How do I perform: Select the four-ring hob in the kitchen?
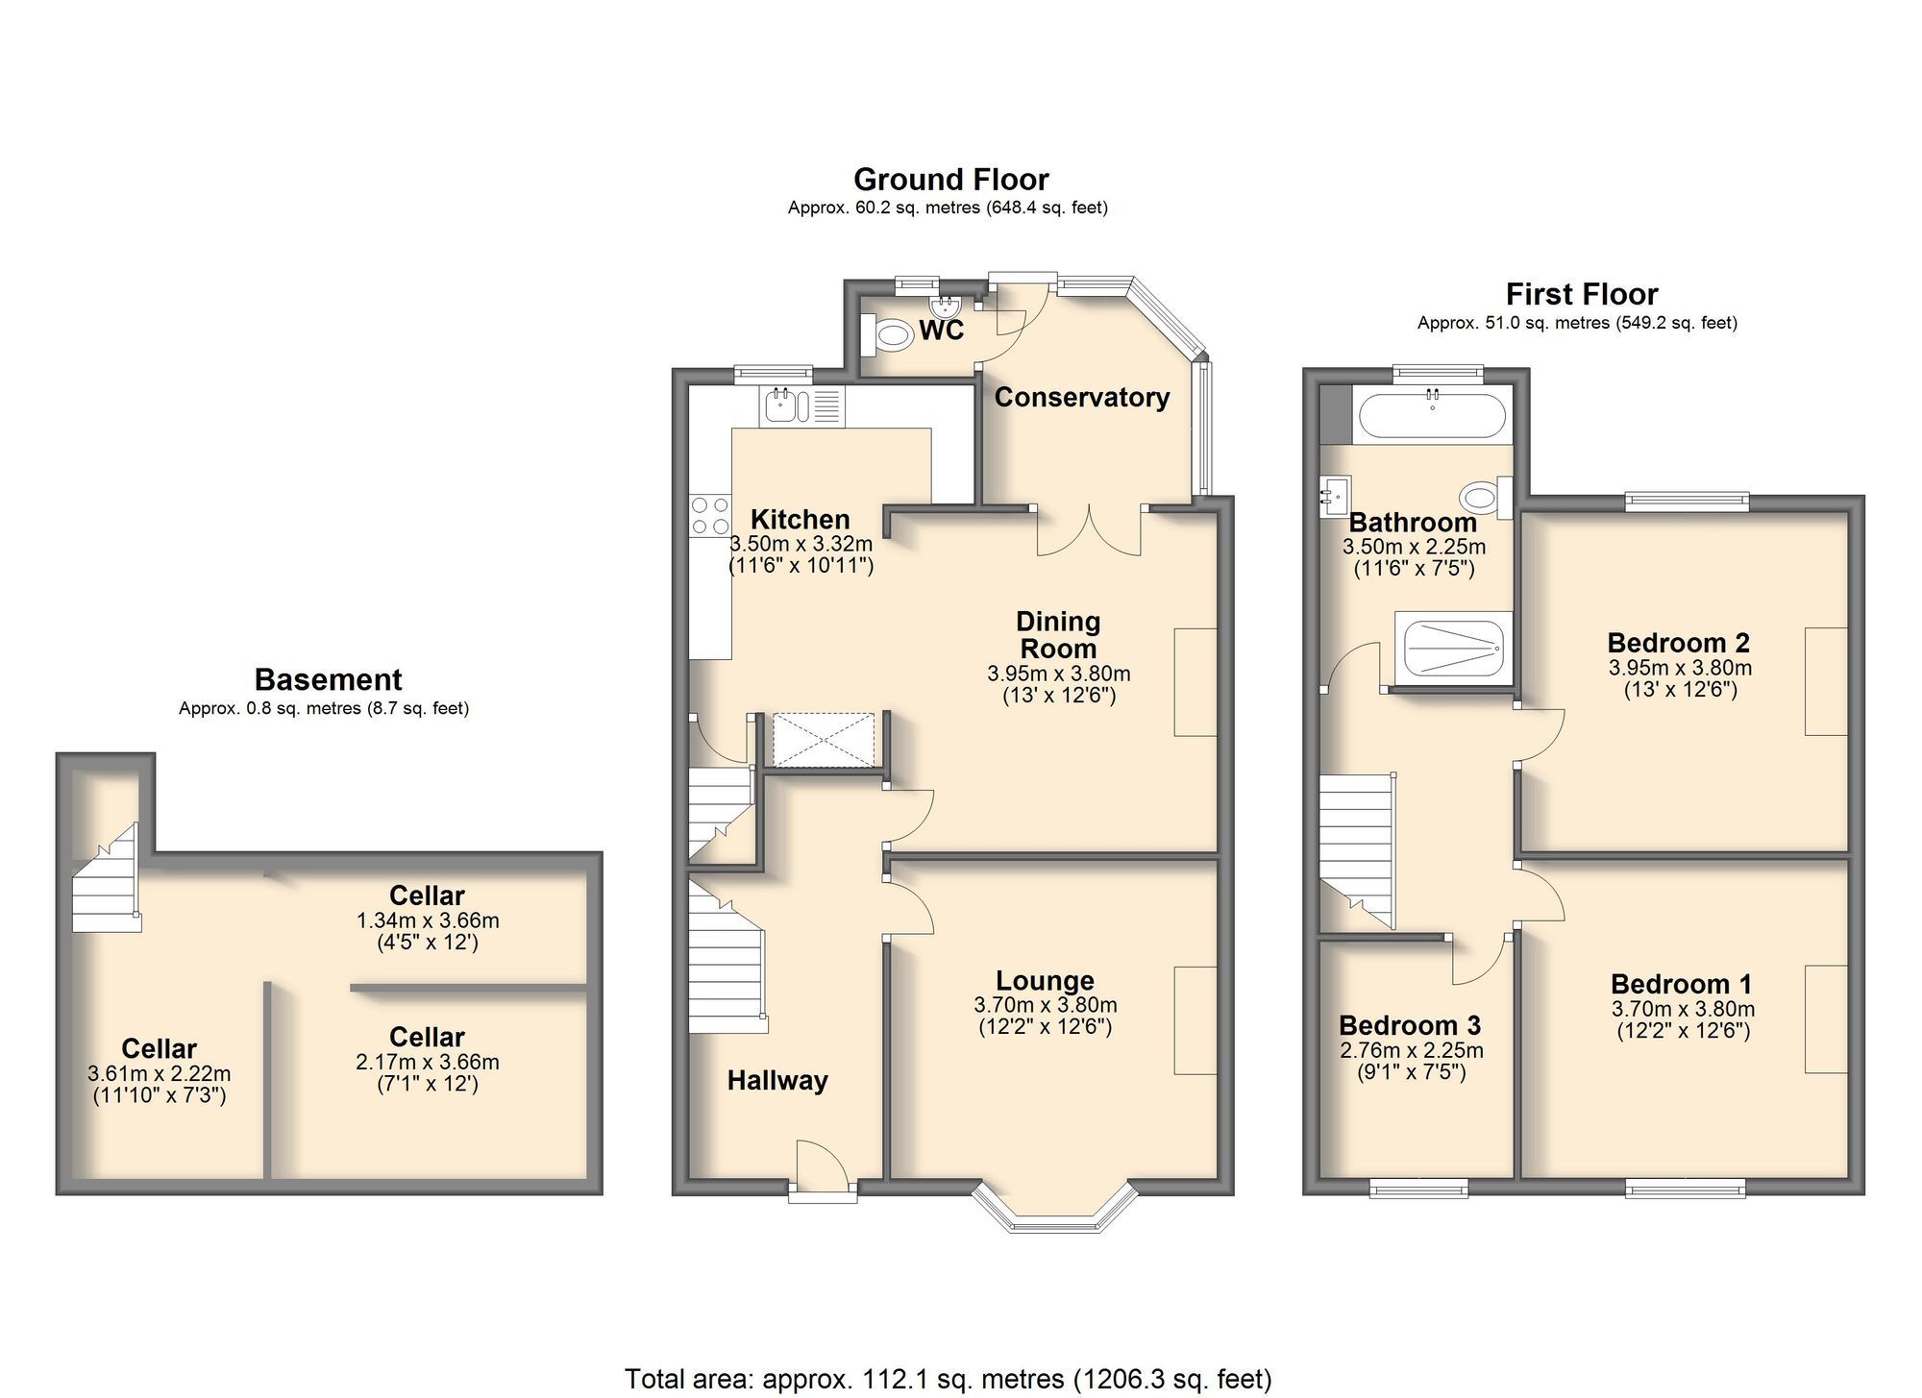tap(709, 515)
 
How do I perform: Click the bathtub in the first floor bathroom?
tap(1431, 416)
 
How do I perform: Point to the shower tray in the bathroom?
tap(1453, 649)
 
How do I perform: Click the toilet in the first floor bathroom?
tap(1481, 498)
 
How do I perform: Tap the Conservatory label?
tap(1081, 397)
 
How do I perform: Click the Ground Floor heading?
tap(950, 180)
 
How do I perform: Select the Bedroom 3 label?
tap(1409, 1025)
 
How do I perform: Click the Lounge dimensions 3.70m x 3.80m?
tap(1045, 1005)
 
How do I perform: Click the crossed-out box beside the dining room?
tap(824, 739)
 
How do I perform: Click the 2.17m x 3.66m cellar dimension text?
tap(427, 1062)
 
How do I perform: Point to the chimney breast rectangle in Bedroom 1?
tap(1825, 1018)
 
